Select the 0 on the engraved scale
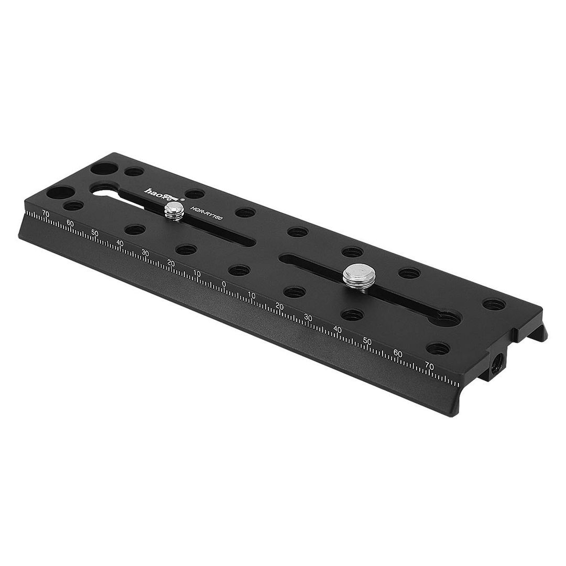pos(224,284)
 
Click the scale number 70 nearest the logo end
pos(46,213)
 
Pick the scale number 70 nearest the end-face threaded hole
pos(429,365)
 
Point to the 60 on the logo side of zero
pos(70,223)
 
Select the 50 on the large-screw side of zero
pos(367,341)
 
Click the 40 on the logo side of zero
pos(120,243)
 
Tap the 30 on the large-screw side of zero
pos(308,318)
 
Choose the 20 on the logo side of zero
pos(171,263)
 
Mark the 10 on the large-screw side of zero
pos(252,296)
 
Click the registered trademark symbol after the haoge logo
pos(182,199)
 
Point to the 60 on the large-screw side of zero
pos(398,353)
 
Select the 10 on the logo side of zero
pos(197,273)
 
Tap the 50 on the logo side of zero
pos(95,232)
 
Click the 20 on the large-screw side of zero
pos(279,307)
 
